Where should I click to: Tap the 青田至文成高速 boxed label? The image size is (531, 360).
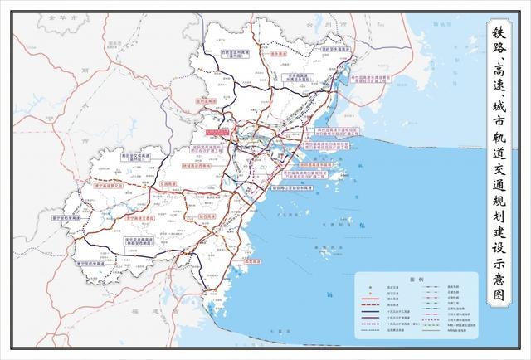[x=133, y=156]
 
